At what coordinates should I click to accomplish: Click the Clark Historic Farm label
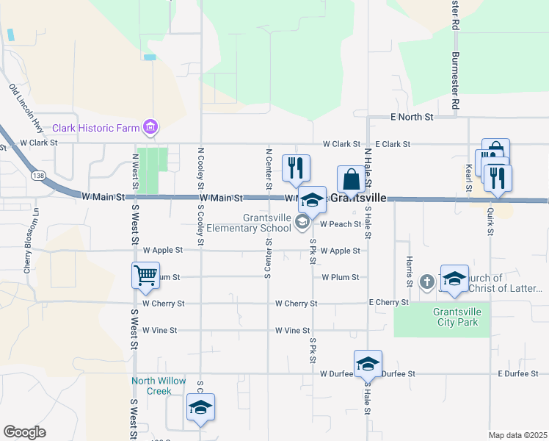pos(95,128)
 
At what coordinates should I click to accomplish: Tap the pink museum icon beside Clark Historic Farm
pos(151,128)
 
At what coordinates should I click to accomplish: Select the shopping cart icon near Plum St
pos(145,276)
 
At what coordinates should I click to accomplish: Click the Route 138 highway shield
pos(38,175)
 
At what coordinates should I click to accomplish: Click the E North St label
pos(412,117)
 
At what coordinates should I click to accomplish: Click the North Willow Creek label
pos(152,386)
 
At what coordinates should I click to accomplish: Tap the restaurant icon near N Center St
pos(296,168)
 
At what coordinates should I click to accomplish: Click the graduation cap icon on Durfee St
pos(368,363)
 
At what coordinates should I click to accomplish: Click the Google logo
pos(24,432)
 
